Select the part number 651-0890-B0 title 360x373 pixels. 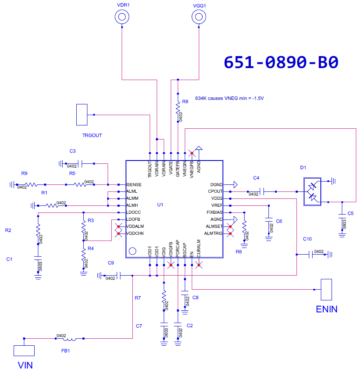point(281,62)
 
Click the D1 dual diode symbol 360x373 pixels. point(312,191)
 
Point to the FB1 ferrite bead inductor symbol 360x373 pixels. point(69,339)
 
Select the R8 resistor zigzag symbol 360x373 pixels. point(178,108)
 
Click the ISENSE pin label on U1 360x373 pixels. point(134,184)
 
